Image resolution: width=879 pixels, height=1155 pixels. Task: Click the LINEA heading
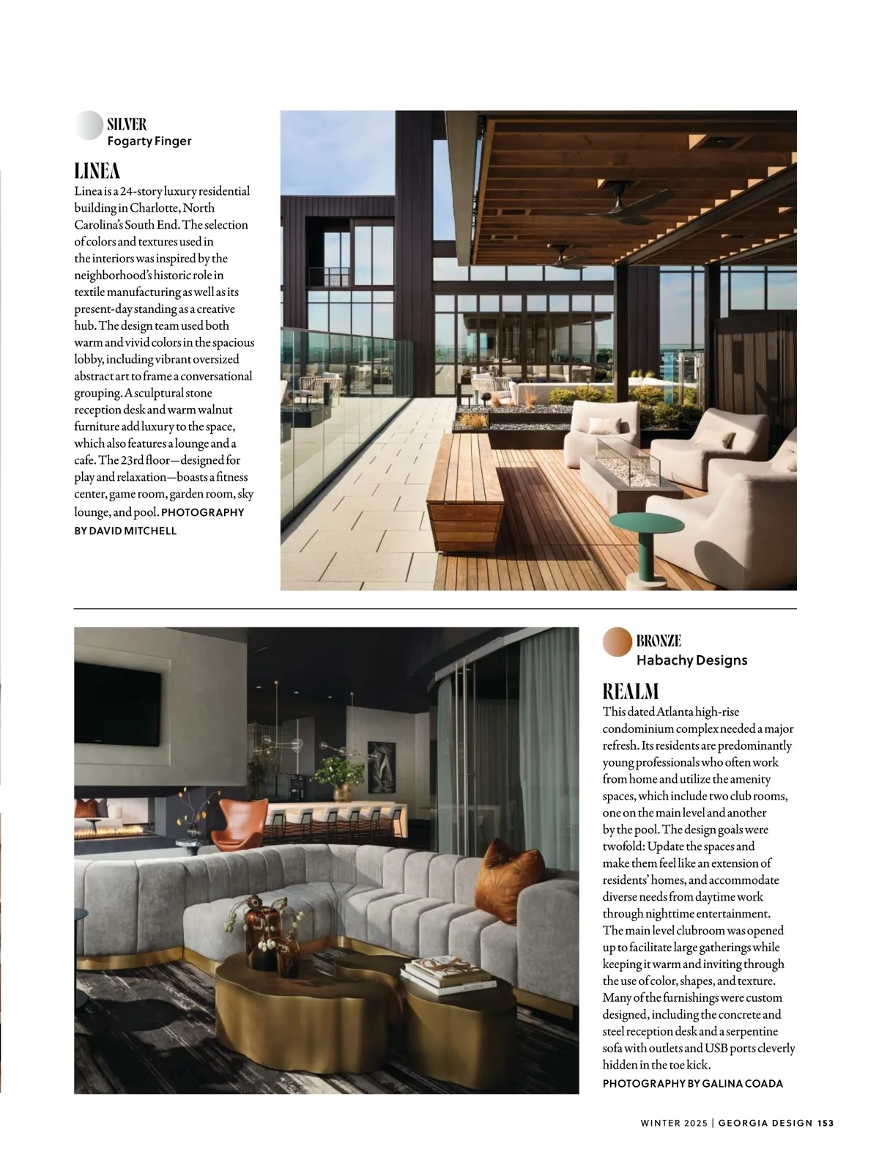pyautogui.click(x=97, y=171)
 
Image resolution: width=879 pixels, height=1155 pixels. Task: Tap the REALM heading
pyautogui.click(x=631, y=691)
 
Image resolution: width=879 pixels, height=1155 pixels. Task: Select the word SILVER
pyautogui.click(x=127, y=124)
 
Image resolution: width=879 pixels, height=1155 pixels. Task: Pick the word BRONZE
pyautogui.click(x=659, y=641)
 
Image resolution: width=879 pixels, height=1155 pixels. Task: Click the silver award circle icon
pyautogui.click(x=89, y=125)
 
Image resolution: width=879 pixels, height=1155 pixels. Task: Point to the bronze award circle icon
pyautogui.click(x=617, y=642)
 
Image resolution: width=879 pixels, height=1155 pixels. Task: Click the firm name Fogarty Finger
pyautogui.click(x=149, y=141)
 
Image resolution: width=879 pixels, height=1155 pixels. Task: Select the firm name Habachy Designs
pyautogui.click(x=691, y=660)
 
